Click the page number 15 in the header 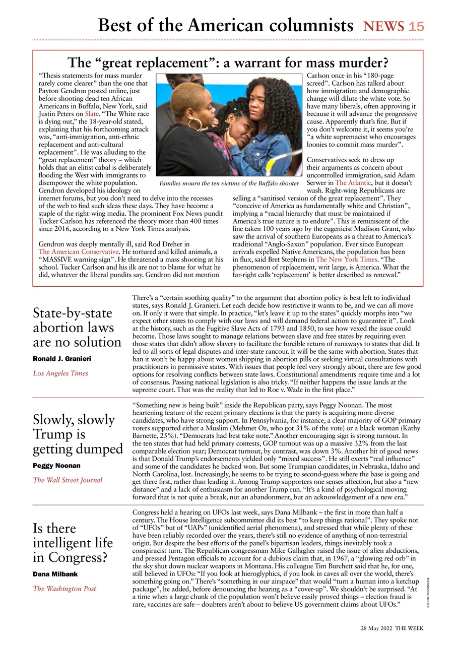(416, 26)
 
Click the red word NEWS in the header (384, 26)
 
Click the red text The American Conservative (79, 251)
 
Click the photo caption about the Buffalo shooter (229, 183)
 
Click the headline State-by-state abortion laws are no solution (77, 328)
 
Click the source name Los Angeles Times (60, 373)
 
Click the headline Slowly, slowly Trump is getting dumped (78, 434)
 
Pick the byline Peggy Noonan (56, 466)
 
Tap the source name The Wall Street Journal (68, 480)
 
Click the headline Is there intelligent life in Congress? (73, 543)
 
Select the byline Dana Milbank (56, 574)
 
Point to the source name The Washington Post (64, 589)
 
